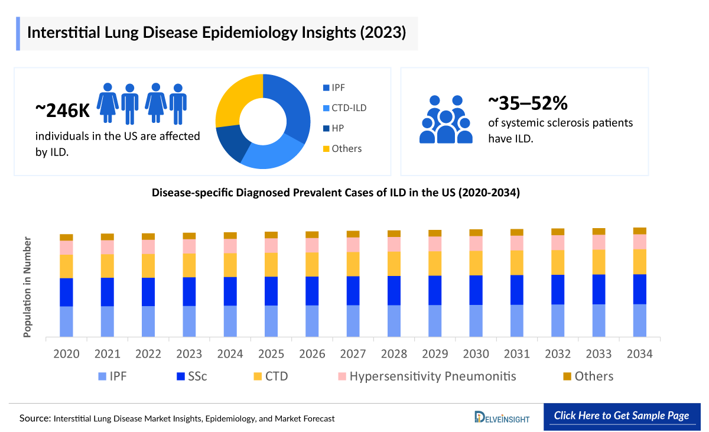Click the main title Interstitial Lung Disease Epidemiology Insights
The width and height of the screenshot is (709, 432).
tap(216, 33)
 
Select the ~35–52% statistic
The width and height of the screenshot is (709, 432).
tap(528, 103)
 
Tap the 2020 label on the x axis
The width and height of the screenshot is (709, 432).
tap(66, 354)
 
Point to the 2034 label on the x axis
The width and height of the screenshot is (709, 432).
tap(639, 354)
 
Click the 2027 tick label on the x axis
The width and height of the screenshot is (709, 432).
tap(353, 354)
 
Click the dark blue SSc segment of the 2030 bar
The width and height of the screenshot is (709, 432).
tap(476, 290)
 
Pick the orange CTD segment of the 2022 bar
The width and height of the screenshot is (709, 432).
tap(148, 265)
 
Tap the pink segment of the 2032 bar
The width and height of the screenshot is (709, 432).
tap(558, 242)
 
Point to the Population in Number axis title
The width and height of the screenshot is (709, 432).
tap(27, 287)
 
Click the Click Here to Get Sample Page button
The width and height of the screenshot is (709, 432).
tap(621, 415)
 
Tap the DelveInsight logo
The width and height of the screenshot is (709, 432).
tap(502, 417)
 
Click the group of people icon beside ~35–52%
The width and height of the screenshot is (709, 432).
tap(445, 119)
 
